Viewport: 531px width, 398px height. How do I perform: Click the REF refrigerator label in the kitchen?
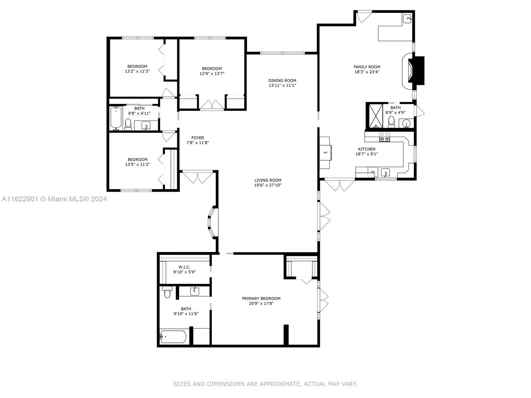coord(325,153)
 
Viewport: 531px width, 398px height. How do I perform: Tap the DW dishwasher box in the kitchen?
coord(373,172)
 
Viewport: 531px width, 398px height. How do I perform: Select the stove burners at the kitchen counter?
coord(384,137)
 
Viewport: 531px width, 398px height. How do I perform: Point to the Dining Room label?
coord(282,81)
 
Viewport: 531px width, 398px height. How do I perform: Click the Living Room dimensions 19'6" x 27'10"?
coord(268,185)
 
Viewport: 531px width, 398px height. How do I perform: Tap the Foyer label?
coord(197,138)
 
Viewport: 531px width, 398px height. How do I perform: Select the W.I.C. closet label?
coord(184,267)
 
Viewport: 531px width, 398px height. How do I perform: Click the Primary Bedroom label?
coord(261,298)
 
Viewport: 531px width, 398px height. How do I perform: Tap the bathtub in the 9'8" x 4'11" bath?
coord(116,118)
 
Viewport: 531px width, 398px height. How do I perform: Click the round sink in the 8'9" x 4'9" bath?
coord(406,123)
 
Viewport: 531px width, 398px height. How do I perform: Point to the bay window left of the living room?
coord(213,222)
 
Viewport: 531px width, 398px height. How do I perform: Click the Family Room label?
coord(367,67)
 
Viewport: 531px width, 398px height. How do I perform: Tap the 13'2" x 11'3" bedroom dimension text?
coord(137,71)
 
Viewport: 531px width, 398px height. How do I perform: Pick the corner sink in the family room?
coord(407,18)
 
